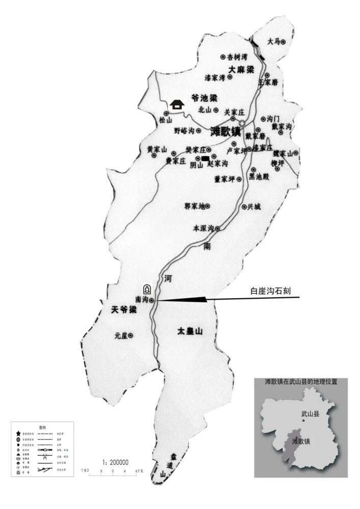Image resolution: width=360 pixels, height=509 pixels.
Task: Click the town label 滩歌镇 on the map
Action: click(225, 131)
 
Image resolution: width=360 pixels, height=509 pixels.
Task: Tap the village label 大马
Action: click(273, 42)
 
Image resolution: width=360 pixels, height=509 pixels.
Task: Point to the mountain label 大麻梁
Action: click(241, 69)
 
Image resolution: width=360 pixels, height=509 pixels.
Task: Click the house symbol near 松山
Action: click(177, 104)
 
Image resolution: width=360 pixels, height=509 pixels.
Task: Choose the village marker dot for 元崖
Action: click(130, 335)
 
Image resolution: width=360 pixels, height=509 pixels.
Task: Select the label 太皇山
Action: click(190, 331)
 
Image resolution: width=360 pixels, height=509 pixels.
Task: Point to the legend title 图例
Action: click(43, 428)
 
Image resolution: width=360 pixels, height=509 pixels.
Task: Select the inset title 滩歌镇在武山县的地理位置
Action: click(301, 381)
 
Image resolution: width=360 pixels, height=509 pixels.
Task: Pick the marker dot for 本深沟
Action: click(217, 229)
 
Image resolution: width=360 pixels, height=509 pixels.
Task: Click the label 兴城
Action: click(254, 207)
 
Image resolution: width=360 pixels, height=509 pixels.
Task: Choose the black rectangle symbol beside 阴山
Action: click(205, 159)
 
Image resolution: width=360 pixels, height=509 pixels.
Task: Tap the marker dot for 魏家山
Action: click(295, 153)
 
